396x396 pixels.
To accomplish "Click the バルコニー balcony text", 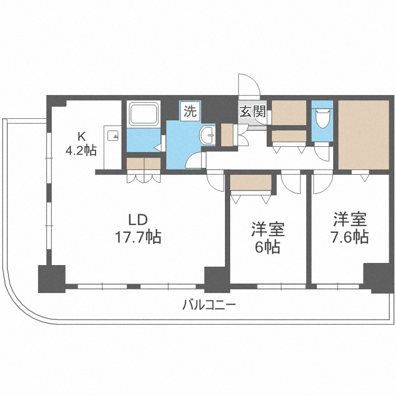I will [x=209, y=305].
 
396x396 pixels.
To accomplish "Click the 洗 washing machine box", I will [x=190, y=111].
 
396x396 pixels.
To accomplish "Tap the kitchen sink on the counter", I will [x=112, y=136].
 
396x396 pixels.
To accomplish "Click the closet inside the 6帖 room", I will [x=251, y=183].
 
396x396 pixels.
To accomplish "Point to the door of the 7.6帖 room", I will [x=320, y=183].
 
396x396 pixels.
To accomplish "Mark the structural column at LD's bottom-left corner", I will [x=51, y=278].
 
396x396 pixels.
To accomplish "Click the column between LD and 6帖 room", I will [x=217, y=279].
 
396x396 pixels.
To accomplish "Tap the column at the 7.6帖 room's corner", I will [x=376, y=277].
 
